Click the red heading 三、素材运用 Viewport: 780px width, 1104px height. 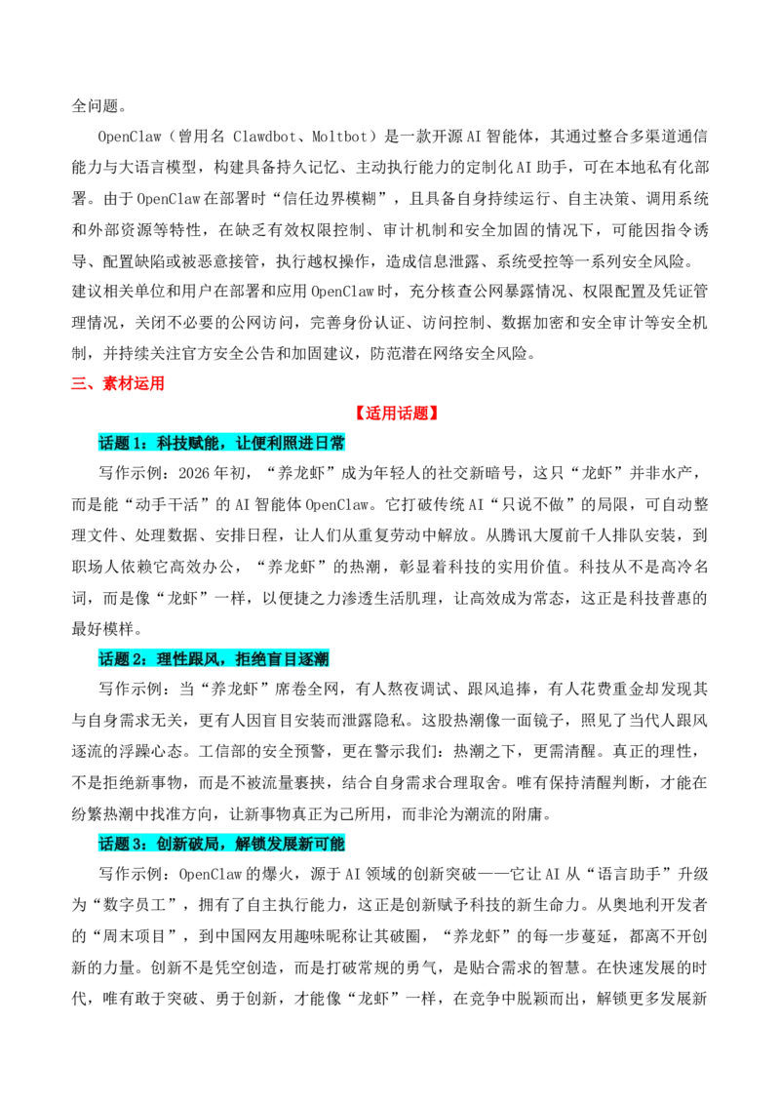118,383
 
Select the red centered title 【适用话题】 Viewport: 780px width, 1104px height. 397,414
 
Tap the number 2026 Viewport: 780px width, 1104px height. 194,473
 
